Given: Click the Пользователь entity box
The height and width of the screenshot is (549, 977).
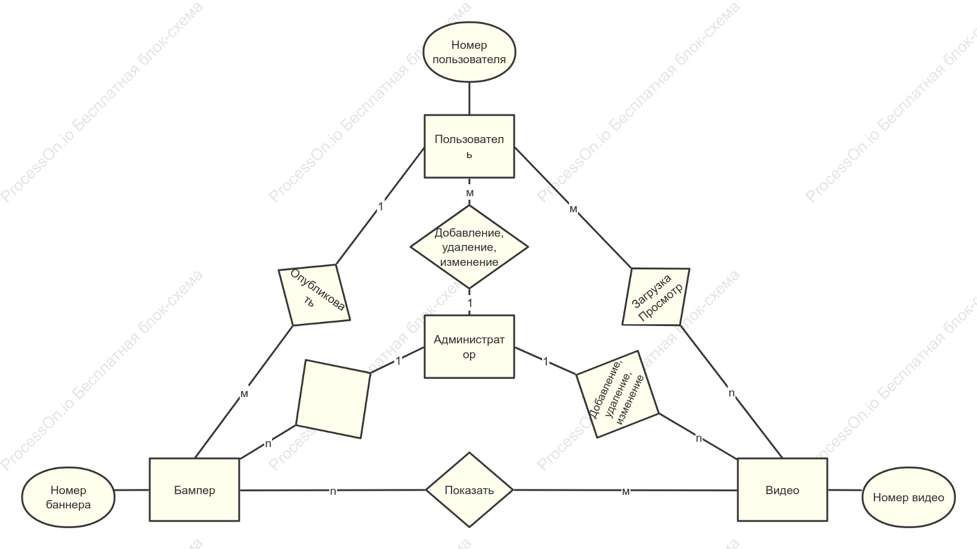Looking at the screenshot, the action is tap(469, 146).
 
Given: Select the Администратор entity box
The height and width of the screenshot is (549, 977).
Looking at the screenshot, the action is tap(469, 347).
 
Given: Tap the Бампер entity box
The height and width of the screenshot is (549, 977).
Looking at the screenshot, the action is tap(194, 490).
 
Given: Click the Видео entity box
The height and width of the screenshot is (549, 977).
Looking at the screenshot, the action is tap(783, 490).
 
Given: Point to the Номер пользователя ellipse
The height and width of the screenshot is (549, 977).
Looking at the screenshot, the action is tap(469, 52).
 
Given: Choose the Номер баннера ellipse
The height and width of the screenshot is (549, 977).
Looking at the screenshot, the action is tap(68, 498).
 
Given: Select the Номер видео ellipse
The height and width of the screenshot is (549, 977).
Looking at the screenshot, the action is tap(908, 498).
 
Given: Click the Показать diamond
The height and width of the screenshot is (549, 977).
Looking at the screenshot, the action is tap(469, 490).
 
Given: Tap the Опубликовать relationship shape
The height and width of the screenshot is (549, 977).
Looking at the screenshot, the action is tap(314, 295).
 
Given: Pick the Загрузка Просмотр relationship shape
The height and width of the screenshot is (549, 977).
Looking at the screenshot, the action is tap(656, 296).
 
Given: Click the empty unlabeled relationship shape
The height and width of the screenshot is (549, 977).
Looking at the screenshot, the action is tap(333, 399).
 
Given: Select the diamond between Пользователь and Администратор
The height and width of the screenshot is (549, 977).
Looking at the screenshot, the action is tap(469, 247).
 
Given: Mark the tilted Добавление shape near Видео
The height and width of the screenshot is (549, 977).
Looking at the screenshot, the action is tap(617, 394).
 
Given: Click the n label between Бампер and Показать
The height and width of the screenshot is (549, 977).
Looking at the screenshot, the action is tap(333, 491).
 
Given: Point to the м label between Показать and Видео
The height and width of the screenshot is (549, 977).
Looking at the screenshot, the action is tap(626, 491).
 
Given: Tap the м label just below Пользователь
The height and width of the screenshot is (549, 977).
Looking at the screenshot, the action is tap(469, 193).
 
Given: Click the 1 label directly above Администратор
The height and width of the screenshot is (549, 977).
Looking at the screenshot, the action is tap(470, 303).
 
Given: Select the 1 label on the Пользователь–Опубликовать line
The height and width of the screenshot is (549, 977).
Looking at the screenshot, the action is tap(381, 207).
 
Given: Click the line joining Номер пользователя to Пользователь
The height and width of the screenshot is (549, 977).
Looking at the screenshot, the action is tap(469, 98).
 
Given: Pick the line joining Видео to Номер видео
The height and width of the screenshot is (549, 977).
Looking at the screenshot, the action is tap(845, 490).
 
